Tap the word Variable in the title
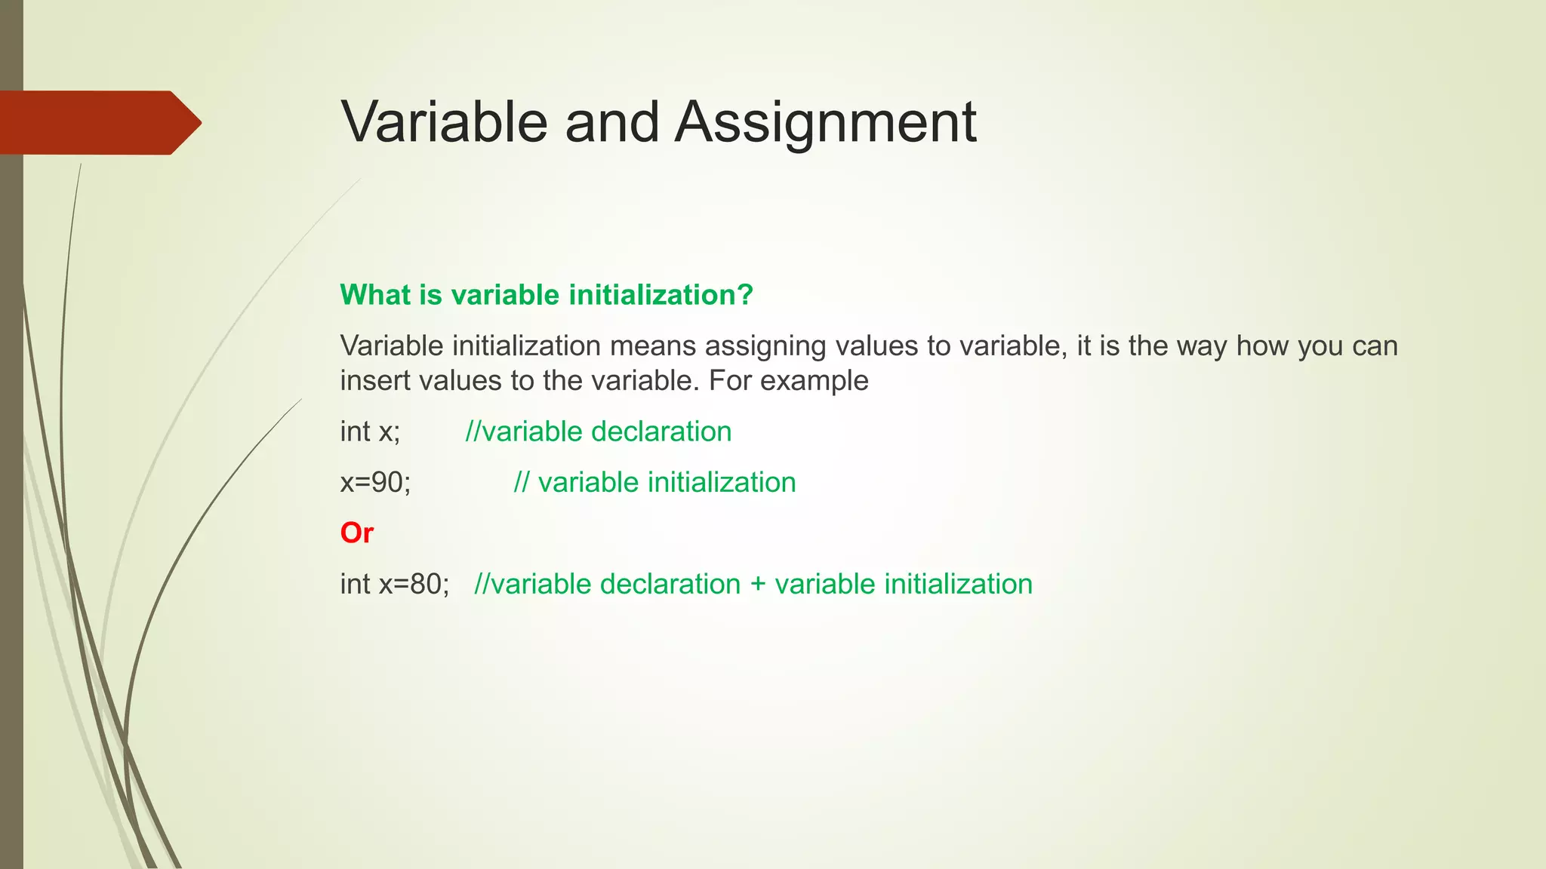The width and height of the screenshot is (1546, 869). pos(444,122)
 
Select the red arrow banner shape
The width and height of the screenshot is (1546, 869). pos(98,123)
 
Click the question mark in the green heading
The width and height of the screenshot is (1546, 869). pos(746,294)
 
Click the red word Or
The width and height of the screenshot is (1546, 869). pos(356,533)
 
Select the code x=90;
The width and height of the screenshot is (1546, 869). pos(375,482)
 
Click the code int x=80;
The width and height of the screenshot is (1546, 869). pos(394,584)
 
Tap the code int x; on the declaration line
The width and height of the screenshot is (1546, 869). pos(370,431)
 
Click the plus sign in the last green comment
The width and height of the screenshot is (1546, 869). pos(758,585)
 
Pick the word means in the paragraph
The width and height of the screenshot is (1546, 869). pos(652,345)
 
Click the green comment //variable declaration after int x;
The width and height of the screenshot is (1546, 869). pos(599,431)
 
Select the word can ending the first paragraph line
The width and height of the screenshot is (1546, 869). pos(1375,346)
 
